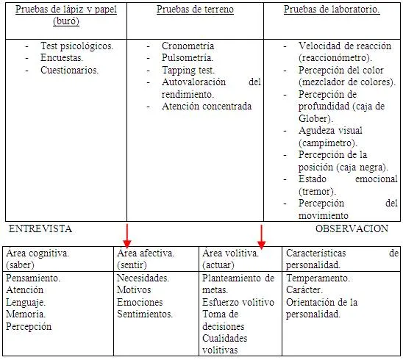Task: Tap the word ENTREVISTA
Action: click(40, 228)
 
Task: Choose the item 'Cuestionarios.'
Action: click(70, 70)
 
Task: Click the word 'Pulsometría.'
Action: click(188, 57)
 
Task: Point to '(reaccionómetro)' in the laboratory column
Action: click(335, 57)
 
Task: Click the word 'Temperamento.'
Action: click(317, 279)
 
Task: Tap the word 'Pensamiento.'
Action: click(32, 279)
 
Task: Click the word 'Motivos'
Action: click(134, 291)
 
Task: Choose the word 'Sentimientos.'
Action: click(145, 314)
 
